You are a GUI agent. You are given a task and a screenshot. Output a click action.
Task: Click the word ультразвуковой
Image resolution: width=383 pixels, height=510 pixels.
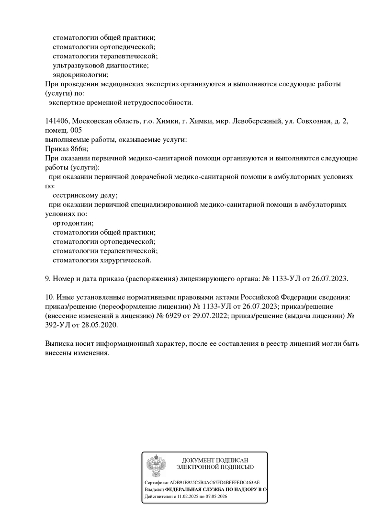coord(75,65)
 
